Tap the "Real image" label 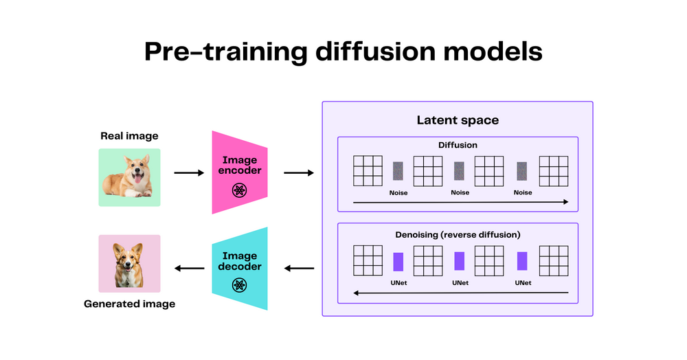(129, 136)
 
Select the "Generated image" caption (129, 303)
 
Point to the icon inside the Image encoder (239, 190)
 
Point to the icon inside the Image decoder (239, 284)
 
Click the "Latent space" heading (458, 120)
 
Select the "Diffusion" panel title (458, 146)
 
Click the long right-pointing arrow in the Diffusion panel (460, 202)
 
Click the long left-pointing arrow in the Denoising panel (460, 293)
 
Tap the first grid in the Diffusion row (368, 171)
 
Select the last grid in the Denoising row (554, 260)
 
